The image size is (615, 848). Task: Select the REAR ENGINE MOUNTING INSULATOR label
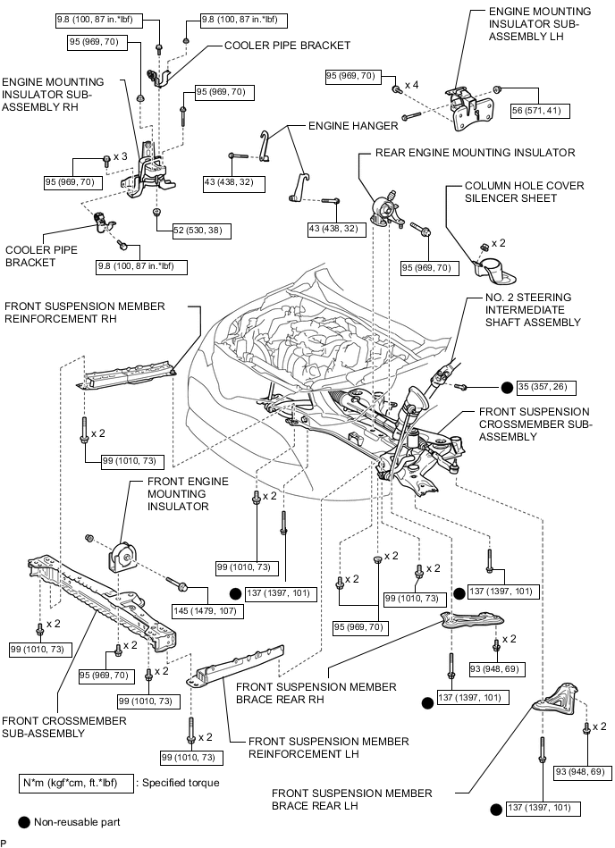pos(475,153)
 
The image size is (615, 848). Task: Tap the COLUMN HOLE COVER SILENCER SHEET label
pos(524,193)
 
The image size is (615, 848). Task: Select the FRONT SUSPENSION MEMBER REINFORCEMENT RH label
pos(85,313)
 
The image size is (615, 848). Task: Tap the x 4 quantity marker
pos(412,84)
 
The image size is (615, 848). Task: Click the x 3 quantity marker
pos(120,156)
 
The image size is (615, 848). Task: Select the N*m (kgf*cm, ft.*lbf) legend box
pos(76,782)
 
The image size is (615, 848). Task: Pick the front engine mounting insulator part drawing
pos(122,558)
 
